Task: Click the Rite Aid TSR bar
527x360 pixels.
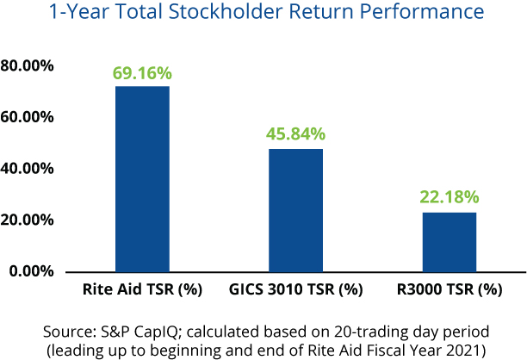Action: coord(142,178)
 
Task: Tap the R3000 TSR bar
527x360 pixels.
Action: coord(449,241)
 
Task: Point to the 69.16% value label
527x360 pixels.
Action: coord(141,71)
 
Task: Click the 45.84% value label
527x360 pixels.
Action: coord(296,133)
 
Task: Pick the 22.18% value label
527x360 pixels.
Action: coord(449,197)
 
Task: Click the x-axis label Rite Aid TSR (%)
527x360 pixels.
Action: coord(142,290)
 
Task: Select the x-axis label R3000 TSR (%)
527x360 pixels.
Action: coord(448,290)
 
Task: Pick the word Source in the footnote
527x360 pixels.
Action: coord(66,331)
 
